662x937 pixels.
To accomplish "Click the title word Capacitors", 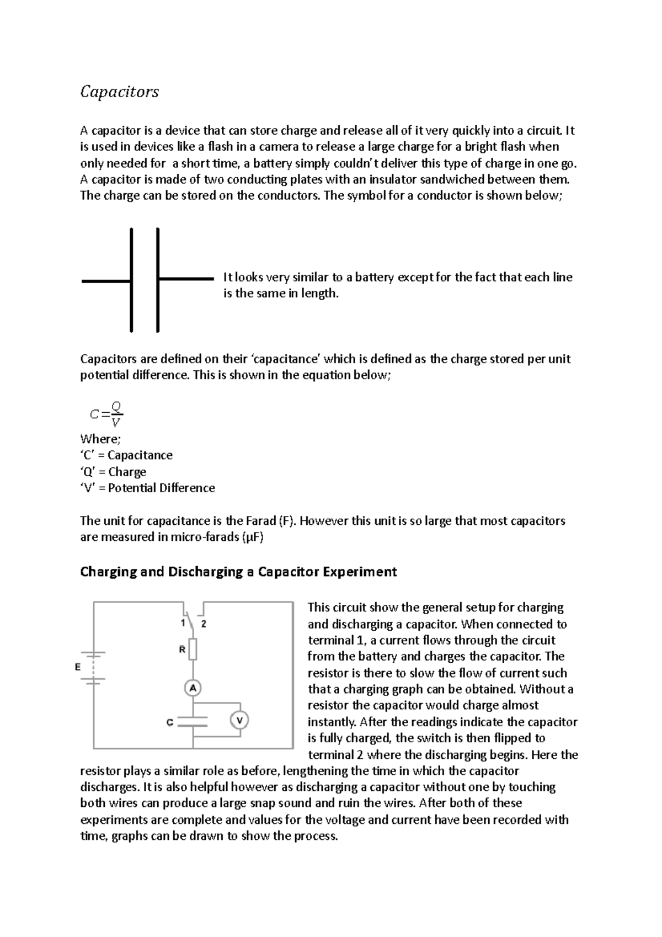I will coord(119,91).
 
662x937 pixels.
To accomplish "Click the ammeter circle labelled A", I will coord(193,688).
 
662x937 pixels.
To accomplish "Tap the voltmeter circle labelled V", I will coord(239,720).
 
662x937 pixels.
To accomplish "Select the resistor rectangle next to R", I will coord(193,649).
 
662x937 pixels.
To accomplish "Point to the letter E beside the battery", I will coord(78,667).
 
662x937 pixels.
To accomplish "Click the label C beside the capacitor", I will coord(170,722).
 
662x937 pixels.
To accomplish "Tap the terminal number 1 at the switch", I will coord(183,623).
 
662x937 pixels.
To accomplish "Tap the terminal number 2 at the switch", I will coord(204,624).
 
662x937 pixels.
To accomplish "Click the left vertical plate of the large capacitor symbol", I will coord(131,280).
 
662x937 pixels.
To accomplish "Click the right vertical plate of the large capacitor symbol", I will coord(158,280).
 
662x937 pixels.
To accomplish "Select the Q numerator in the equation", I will coord(116,406).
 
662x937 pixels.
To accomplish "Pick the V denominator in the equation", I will coord(115,423).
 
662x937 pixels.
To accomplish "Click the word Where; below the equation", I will coord(100,439).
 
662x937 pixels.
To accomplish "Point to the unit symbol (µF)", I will coord(253,537).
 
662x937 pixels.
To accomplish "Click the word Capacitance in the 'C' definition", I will coord(140,455).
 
